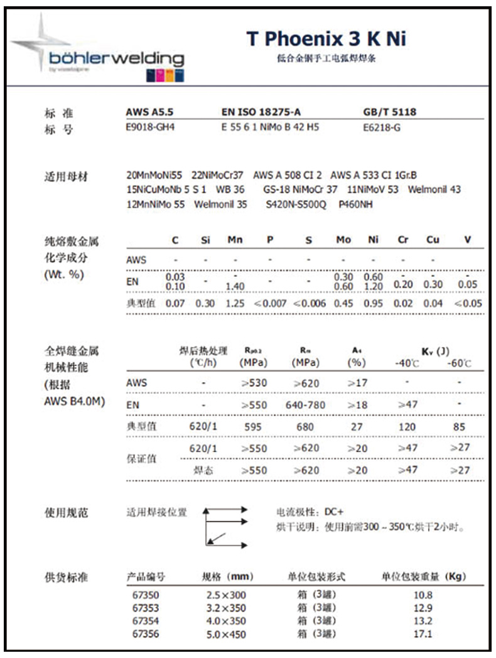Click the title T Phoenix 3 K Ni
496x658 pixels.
pos(326,39)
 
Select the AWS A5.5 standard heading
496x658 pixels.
pos(149,112)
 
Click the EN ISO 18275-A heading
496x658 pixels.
pos(262,112)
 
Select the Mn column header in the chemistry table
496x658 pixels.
pos(235,240)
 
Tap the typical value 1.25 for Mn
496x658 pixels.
pos(235,304)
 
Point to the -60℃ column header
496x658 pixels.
pos(459,364)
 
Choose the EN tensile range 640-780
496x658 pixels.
pos(305,405)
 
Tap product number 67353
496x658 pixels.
pos(146,608)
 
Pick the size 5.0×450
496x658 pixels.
pos(226,634)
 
